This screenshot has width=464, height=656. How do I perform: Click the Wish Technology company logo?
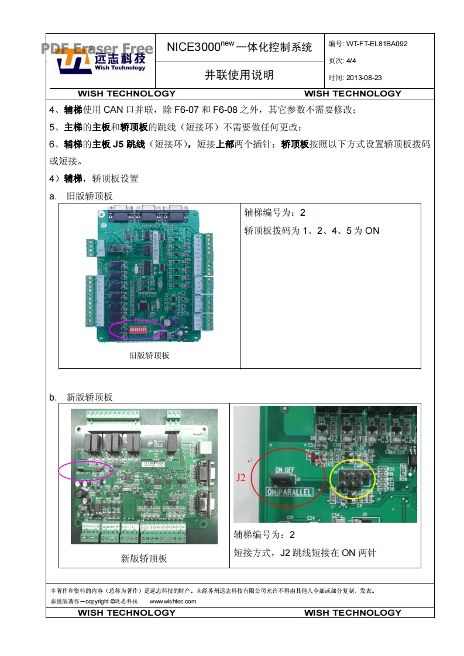click(101, 61)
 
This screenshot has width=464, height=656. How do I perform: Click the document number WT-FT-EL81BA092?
click(376, 43)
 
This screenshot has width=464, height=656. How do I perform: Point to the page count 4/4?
click(351, 60)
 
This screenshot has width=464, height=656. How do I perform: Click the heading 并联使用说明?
click(239, 75)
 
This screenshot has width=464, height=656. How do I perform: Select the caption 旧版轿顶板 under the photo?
click(149, 355)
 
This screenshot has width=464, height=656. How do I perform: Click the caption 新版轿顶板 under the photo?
click(144, 558)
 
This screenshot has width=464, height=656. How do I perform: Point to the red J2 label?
click(241, 478)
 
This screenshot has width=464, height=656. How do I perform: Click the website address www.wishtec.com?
click(173, 601)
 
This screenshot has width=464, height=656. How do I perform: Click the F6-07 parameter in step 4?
click(186, 109)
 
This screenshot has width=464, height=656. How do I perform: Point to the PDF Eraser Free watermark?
click(97, 49)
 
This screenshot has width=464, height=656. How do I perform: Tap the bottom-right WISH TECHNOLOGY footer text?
click(352, 613)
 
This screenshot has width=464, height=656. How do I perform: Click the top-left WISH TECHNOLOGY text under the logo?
click(126, 94)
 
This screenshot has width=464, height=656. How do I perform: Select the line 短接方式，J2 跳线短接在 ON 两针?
click(305, 553)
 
